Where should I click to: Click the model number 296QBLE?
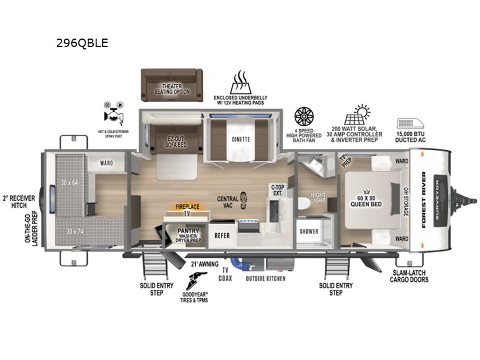coord(82,43)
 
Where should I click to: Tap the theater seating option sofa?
coord(172,85)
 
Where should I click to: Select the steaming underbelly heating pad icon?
coord(240,82)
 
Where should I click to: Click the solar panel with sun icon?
coord(357,115)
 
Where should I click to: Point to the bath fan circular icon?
coord(304,116)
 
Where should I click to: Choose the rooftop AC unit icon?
coord(410,124)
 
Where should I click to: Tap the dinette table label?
coord(241,139)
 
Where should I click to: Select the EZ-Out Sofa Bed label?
coord(176,142)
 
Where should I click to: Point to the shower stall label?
coord(309,231)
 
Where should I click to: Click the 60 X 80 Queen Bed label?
coord(366,201)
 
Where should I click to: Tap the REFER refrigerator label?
coord(222,236)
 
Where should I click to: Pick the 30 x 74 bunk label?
coord(75,231)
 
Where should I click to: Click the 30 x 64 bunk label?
coord(69,182)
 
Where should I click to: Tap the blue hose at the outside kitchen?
coord(240,264)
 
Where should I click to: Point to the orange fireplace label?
coord(188,207)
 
